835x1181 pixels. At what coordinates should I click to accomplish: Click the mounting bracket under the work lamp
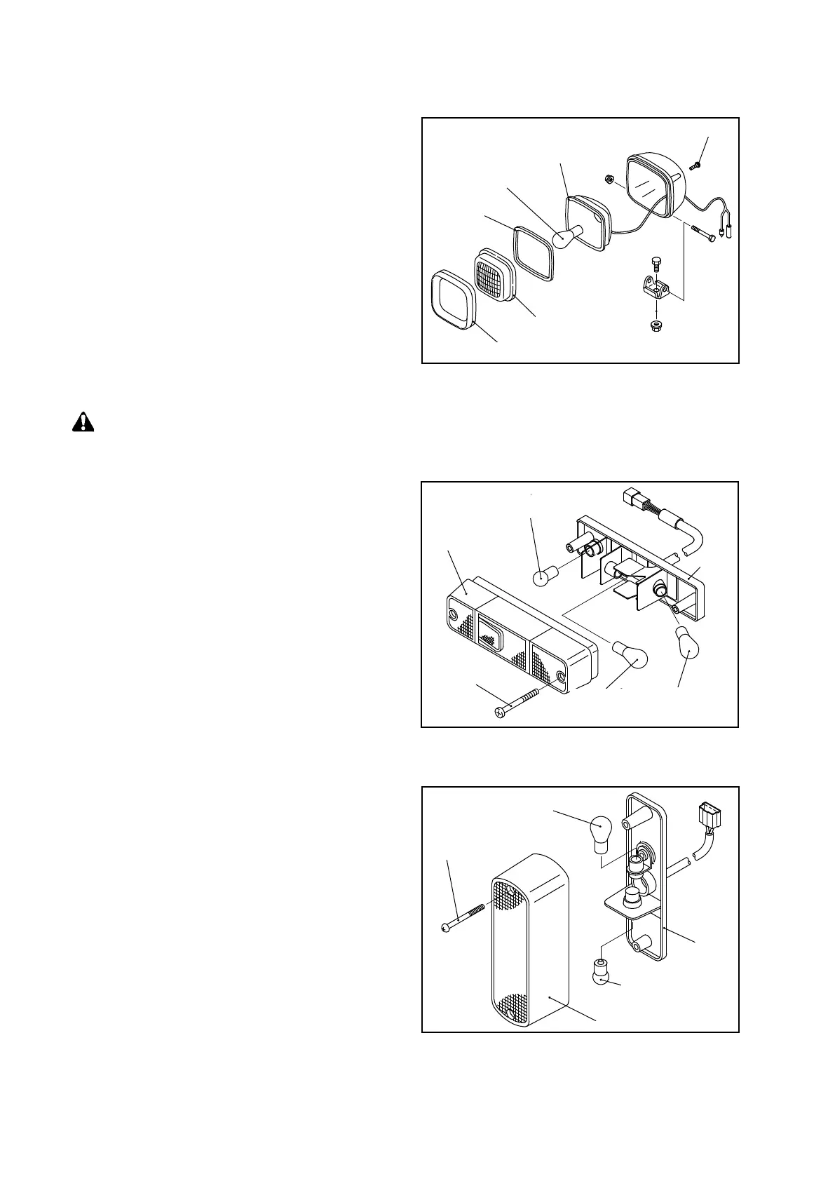pos(655,288)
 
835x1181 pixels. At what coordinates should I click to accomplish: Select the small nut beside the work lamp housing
pos(611,179)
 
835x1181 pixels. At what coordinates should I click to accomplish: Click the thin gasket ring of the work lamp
pos(534,253)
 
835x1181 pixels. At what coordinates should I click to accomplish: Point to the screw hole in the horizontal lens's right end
pos(561,678)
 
